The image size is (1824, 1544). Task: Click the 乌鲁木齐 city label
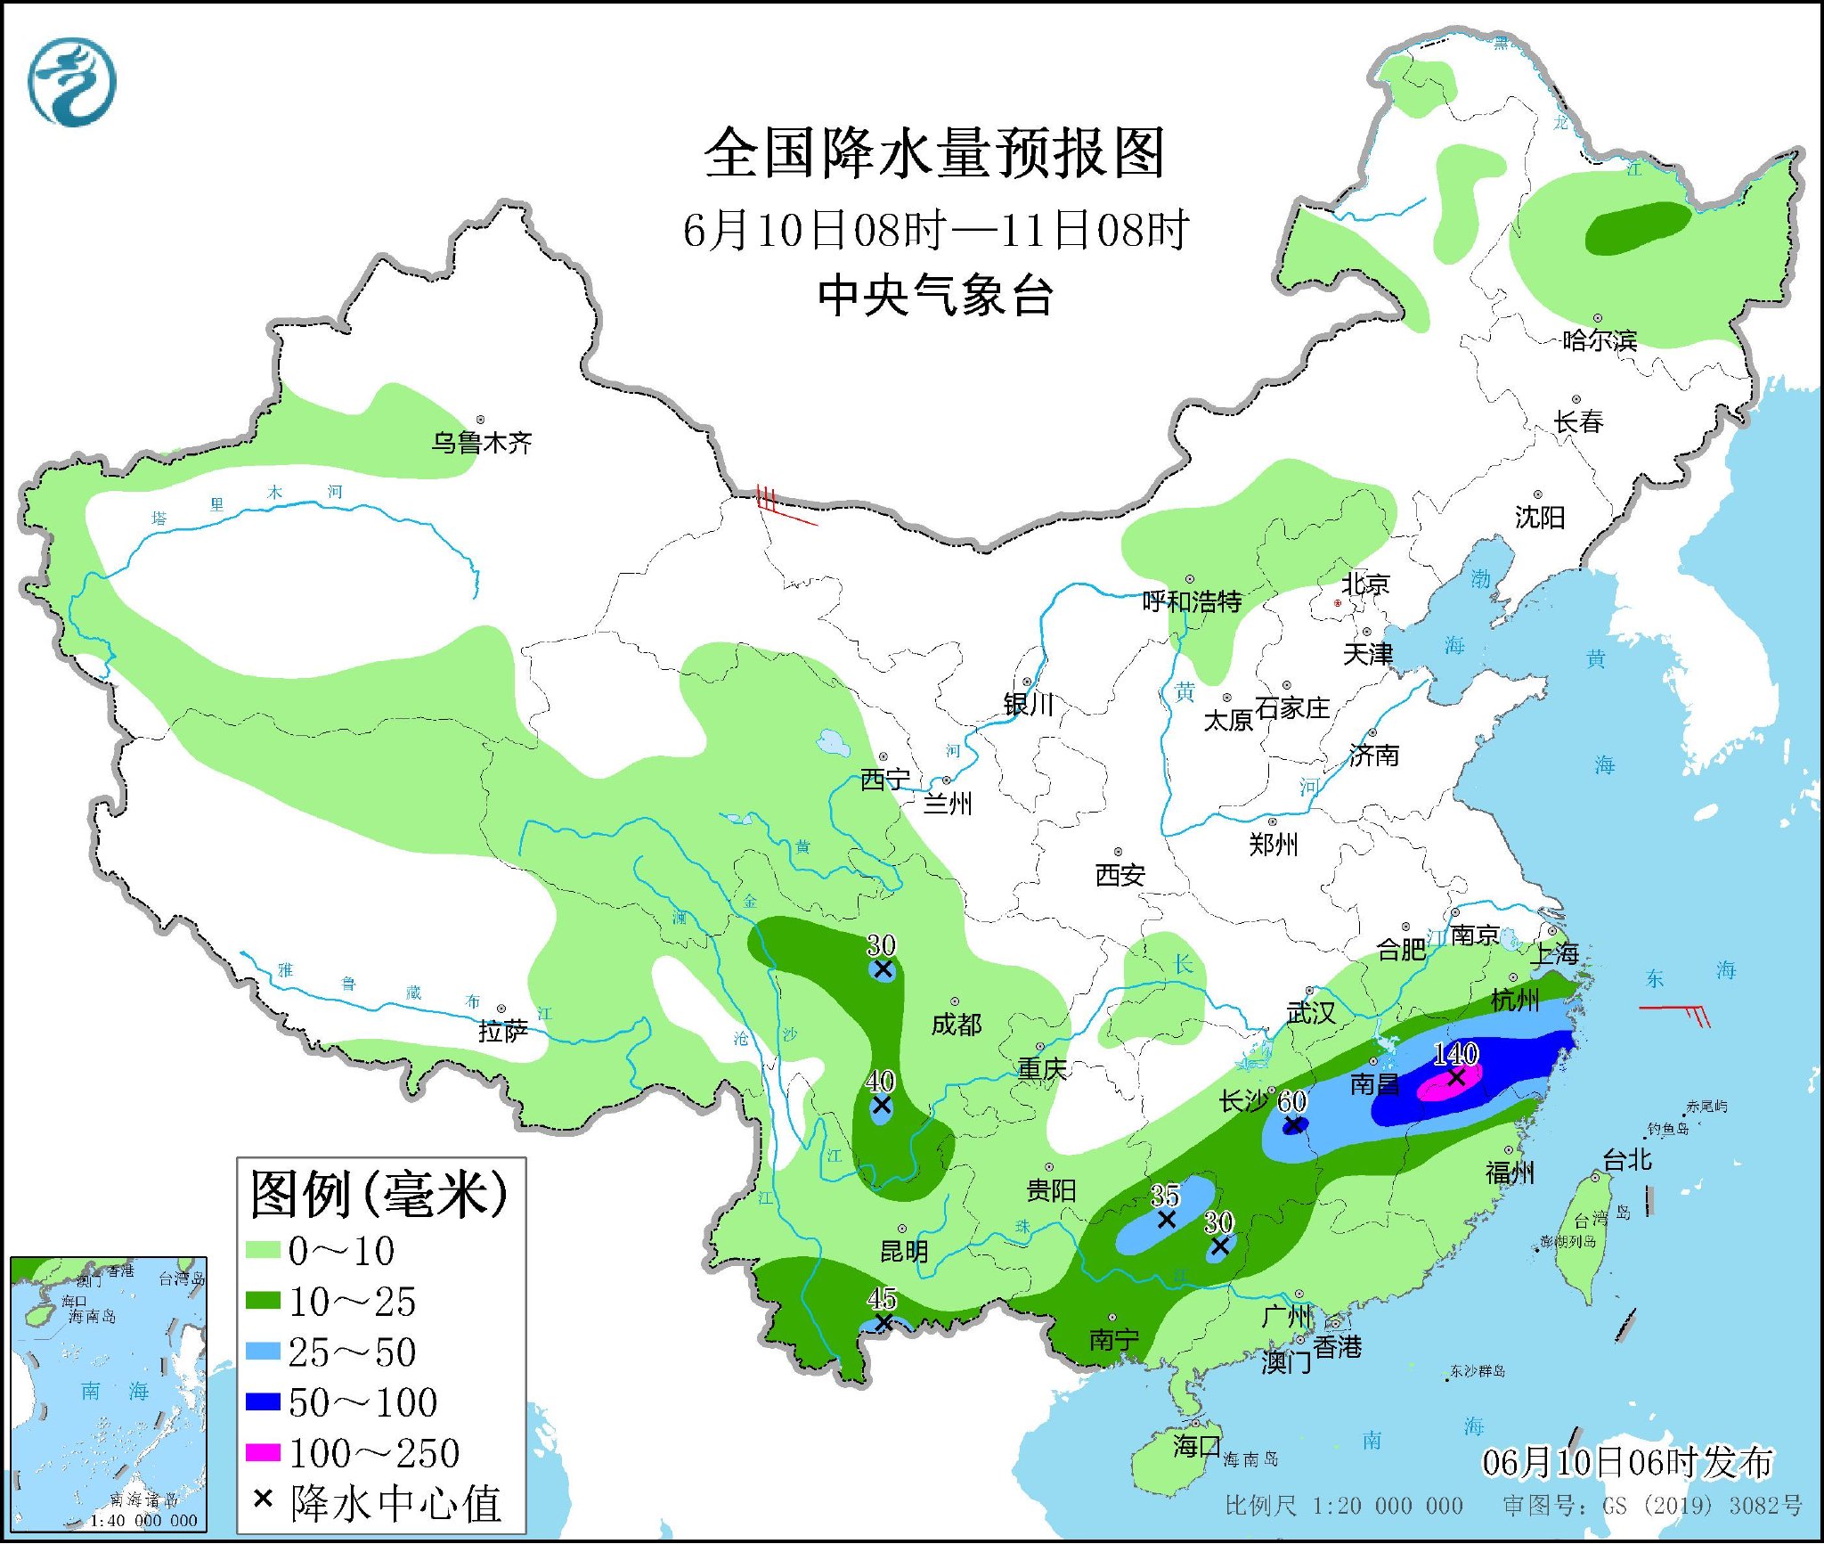(481, 443)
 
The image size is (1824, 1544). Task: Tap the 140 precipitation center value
(1455, 1054)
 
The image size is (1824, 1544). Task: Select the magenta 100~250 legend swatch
(263, 1452)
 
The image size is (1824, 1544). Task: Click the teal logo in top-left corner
(72, 83)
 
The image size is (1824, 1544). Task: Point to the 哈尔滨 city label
(1600, 340)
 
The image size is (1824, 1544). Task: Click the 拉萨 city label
(503, 1032)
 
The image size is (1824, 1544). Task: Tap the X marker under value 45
(883, 1323)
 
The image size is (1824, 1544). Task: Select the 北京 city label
(1365, 584)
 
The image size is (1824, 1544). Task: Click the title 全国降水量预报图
(934, 153)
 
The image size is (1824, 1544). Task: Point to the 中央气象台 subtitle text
(935, 295)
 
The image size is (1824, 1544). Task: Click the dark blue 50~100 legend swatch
(263, 1401)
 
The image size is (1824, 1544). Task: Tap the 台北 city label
(1627, 1160)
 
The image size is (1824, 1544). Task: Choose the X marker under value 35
(1166, 1220)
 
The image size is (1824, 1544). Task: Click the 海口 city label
(1195, 1445)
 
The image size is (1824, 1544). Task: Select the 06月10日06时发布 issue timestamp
(1627, 1462)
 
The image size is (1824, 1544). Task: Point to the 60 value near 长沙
(1291, 1101)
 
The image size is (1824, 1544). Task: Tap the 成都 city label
(957, 1025)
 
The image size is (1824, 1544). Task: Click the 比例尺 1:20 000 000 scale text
(1343, 1506)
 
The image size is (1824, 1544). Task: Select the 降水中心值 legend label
(395, 1503)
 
